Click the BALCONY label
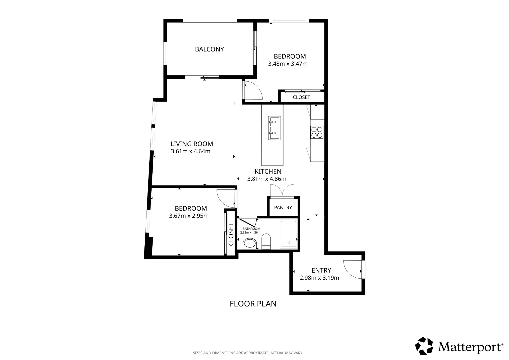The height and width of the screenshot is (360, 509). (x=209, y=49)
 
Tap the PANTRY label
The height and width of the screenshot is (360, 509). (x=283, y=207)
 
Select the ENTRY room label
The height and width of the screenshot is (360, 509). (x=321, y=270)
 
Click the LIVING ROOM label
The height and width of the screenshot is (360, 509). (x=192, y=144)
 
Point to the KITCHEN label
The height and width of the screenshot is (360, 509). (x=268, y=171)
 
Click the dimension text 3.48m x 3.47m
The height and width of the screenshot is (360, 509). (x=288, y=64)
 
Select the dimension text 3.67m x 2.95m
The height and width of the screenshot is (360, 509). (x=189, y=216)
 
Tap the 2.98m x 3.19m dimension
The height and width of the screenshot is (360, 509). (x=319, y=278)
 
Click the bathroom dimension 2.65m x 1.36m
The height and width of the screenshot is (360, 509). (x=251, y=233)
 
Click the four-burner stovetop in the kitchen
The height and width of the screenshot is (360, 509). (x=317, y=132)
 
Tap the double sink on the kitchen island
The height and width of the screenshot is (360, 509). (x=275, y=128)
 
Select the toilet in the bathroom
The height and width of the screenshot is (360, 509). (x=266, y=242)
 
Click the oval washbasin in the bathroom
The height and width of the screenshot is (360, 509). (x=250, y=243)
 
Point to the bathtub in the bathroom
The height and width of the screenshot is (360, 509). (x=289, y=233)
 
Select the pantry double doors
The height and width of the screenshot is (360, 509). (x=282, y=190)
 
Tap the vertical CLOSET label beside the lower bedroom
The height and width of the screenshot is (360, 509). (x=231, y=234)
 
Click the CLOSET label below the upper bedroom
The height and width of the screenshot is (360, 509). (x=301, y=97)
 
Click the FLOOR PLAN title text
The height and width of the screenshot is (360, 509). (x=253, y=304)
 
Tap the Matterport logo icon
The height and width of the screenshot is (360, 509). (x=424, y=346)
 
